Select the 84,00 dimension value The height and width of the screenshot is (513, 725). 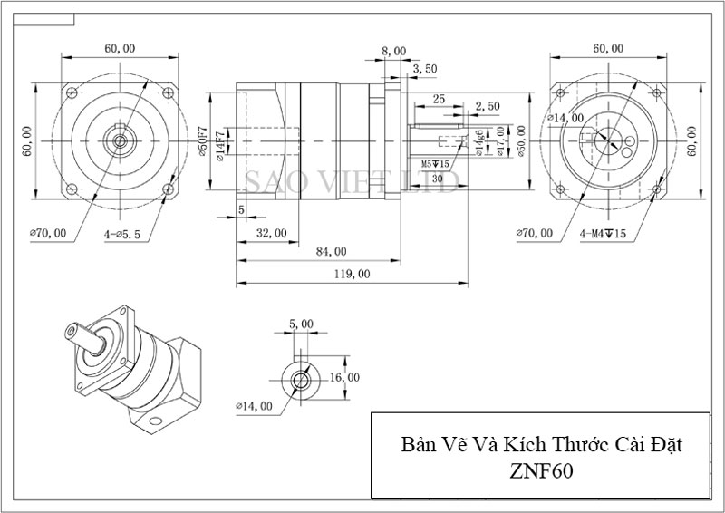(x=332, y=251)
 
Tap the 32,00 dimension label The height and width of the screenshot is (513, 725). (x=271, y=233)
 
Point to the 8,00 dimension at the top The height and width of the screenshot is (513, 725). (x=393, y=52)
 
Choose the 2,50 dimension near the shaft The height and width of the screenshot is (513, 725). (x=487, y=106)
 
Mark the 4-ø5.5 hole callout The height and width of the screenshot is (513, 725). (x=121, y=233)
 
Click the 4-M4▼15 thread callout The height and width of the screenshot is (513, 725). (x=604, y=233)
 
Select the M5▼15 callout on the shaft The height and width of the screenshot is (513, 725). (x=438, y=164)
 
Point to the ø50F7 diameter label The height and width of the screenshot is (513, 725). (x=207, y=145)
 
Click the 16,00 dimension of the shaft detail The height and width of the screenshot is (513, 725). (x=345, y=377)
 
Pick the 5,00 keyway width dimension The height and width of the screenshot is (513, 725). (x=300, y=324)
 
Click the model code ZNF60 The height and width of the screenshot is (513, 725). (x=540, y=471)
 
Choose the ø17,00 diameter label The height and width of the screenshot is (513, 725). (x=500, y=140)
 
